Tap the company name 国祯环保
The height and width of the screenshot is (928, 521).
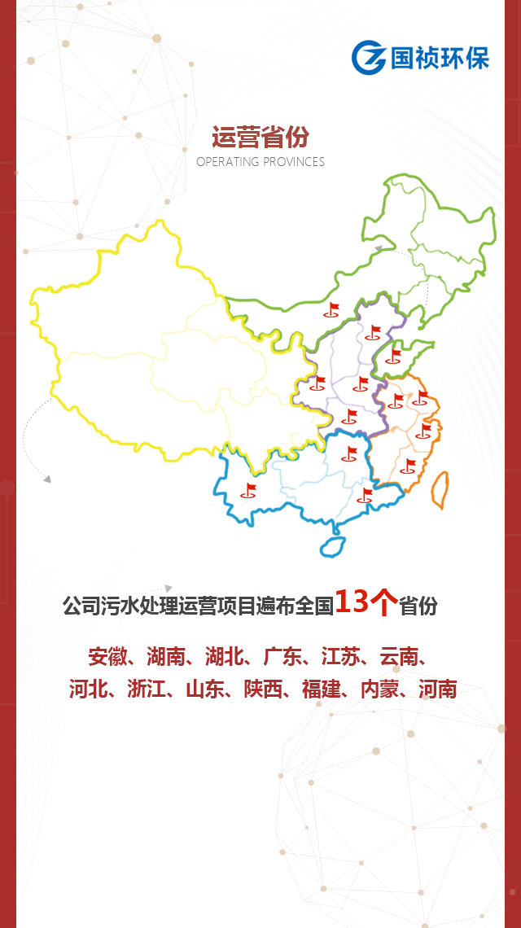tap(440, 58)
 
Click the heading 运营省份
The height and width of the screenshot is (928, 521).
tap(260, 136)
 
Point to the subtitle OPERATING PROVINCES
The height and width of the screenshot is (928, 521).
tap(260, 162)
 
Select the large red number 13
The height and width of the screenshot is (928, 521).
tap(354, 602)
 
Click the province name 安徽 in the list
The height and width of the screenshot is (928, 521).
tap(108, 656)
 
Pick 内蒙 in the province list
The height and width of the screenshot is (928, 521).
tap(380, 689)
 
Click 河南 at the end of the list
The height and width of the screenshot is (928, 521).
tap(438, 689)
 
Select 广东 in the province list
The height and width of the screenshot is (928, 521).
tap(282, 656)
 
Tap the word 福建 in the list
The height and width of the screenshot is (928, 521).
tap(322, 689)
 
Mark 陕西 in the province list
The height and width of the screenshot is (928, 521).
tap(263, 689)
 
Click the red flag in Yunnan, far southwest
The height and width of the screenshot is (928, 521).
tap(249, 489)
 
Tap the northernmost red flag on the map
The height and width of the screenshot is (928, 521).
tap(332, 309)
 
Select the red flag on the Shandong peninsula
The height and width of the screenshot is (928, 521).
tap(394, 355)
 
